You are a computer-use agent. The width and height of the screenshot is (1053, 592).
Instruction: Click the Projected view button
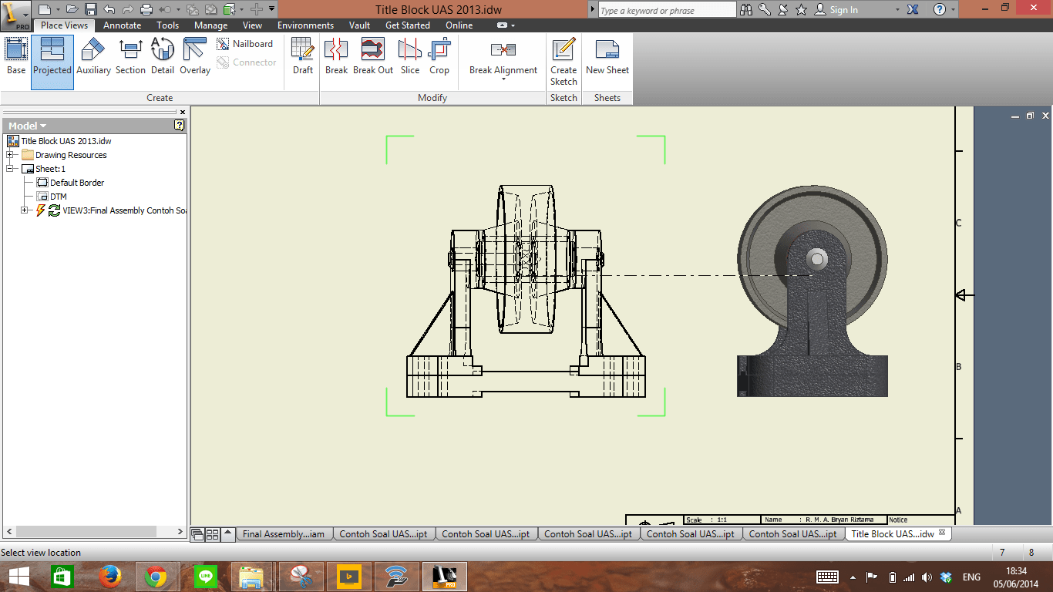coord(52,58)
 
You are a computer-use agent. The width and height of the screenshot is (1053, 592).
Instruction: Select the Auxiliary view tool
coord(93,58)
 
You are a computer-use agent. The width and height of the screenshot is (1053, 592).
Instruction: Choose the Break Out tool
coord(373,58)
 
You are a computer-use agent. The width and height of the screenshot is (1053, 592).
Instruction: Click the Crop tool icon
coord(439,58)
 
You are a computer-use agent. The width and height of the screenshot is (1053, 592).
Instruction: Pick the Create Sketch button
coord(564,62)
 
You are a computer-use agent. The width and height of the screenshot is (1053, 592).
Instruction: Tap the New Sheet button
coord(607,58)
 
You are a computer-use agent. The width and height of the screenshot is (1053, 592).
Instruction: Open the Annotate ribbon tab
coord(123,25)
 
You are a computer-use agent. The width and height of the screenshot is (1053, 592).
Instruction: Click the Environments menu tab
coord(305,25)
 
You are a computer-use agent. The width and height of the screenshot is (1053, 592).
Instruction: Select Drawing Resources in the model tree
coord(71,155)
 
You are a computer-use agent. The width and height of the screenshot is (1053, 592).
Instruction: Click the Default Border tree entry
coord(77,183)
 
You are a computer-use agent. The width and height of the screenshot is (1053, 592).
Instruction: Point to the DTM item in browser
coord(59,197)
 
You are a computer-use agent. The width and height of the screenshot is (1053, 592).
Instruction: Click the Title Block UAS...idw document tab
coord(893,533)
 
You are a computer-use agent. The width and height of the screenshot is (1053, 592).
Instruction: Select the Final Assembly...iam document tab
coord(283,533)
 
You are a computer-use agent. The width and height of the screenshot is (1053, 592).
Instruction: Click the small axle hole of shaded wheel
coord(817,258)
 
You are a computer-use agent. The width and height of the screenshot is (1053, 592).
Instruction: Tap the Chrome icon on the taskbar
coord(156,577)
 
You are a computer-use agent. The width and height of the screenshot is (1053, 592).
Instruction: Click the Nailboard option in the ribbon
coord(252,44)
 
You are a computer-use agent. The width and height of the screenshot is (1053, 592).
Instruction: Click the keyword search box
coord(667,10)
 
